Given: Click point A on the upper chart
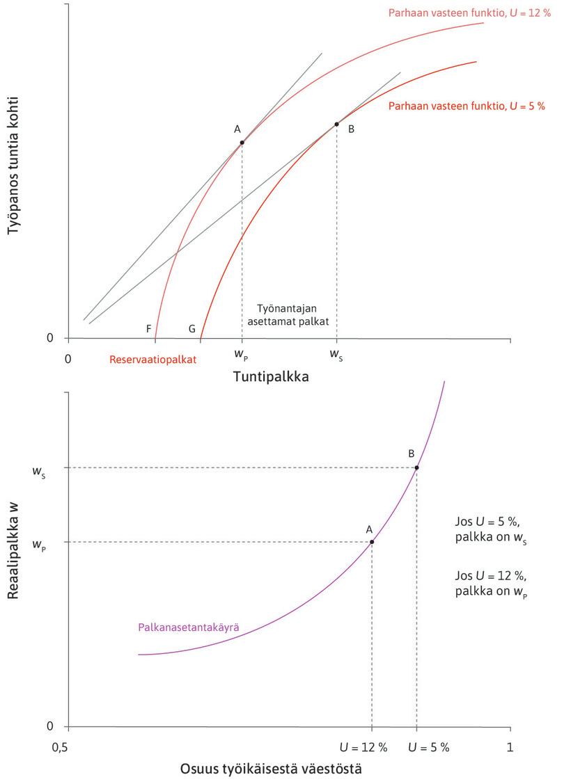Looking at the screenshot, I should pyautogui.click(x=242, y=143).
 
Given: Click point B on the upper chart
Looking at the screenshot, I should pyautogui.click(x=336, y=125).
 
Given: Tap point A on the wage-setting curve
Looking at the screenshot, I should pyautogui.click(x=372, y=542).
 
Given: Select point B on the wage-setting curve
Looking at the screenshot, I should pyautogui.click(x=416, y=467).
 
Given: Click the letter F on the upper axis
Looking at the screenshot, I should pyautogui.click(x=149, y=328).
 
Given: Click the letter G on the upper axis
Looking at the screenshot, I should pyautogui.click(x=192, y=328).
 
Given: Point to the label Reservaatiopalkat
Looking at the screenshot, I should pyautogui.click(x=153, y=360).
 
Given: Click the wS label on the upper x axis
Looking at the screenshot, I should pyautogui.click(x=336, y=354).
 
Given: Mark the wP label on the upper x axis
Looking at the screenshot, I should pyautogui.click(x=241, y=354).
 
